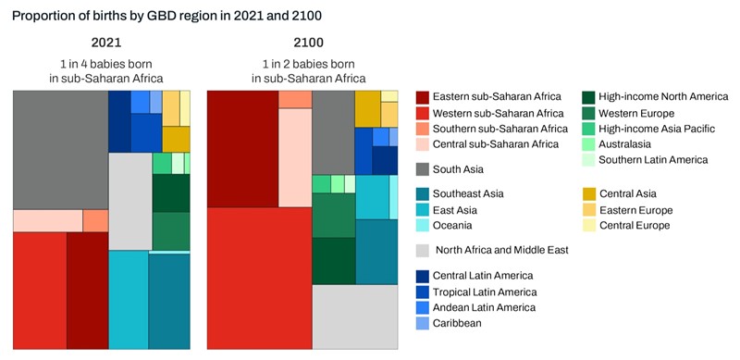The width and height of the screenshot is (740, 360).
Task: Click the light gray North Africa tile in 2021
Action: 129,200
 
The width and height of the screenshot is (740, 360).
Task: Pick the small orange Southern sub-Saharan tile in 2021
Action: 95,220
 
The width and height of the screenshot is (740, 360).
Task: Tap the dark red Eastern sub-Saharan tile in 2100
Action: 242,148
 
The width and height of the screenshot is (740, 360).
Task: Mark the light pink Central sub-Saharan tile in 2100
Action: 295,157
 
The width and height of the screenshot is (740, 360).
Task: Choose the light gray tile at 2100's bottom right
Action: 354,314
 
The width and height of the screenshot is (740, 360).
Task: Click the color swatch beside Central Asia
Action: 589,193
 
